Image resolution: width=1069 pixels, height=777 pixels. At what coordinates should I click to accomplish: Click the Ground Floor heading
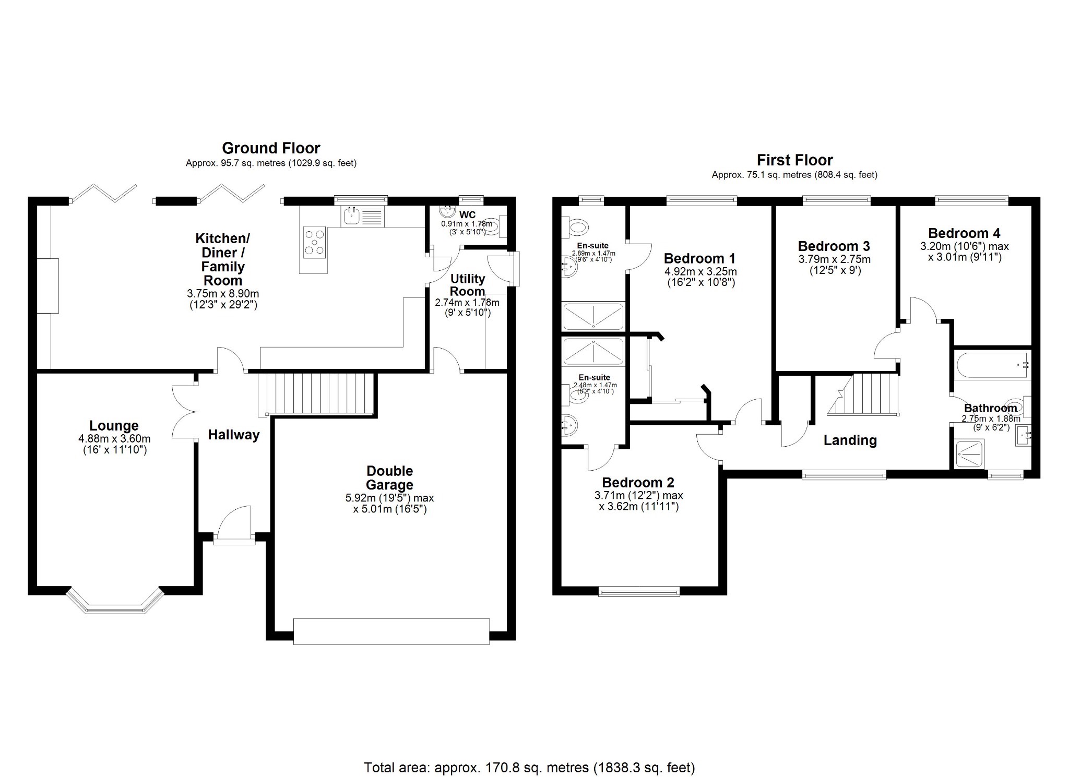pyautogui.click(x=271, y=148)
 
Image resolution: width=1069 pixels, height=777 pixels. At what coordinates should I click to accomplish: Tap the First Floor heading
pyautogui.click(x=794, y=160)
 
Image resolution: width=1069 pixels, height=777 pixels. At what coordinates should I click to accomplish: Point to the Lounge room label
pyautogui.click(x=114, y=426)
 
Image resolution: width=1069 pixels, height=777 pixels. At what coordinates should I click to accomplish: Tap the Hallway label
pyautogui.click(x=233, y=435)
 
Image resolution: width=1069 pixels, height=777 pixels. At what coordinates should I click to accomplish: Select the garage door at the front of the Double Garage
pyautogui.click(x=391, y=631)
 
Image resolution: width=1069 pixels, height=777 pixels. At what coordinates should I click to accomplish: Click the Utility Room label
pyautogui.click(x=467, y=285)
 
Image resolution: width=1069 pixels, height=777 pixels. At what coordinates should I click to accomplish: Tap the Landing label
pyautogui.click(x=850, y=440)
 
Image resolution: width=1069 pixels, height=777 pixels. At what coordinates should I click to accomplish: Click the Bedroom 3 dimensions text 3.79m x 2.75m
pyautogui.click(x=834, y=259)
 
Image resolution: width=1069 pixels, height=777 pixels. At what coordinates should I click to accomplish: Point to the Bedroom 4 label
pyautogui.click(x=964, y=233)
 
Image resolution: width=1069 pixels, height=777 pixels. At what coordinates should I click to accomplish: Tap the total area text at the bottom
pyautogui.click(x=529, y=768)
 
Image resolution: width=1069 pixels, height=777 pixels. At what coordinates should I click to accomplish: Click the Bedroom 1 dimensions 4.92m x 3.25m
pyautogui.click(x=700, y=271)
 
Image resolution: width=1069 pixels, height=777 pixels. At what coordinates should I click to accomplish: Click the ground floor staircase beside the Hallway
pyautogui.click(x=317, y=393)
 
